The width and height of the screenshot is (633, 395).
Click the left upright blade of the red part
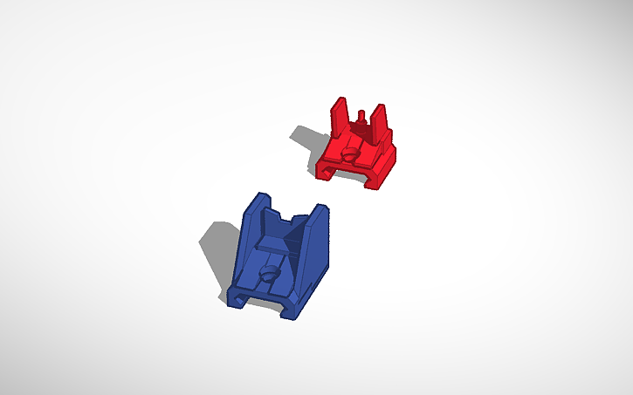click(x=339, y=117)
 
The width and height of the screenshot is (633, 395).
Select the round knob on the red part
click(x=351, y=152)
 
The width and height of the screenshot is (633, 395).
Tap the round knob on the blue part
click(x=270, y=274)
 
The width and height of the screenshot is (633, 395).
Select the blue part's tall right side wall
click(x=315, y=244)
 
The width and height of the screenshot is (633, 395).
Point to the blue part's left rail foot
click(x=237, y=296)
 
